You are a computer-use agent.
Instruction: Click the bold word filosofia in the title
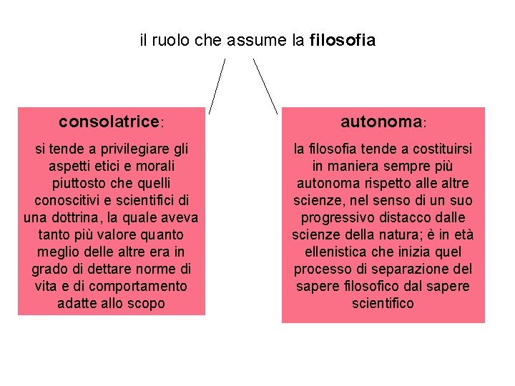pos(343,41)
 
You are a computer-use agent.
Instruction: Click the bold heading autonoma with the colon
pos(383,122)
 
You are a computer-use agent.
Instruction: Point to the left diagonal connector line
pos(217,86)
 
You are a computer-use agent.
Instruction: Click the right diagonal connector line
pos(265,86)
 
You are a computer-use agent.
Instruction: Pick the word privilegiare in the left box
pos(137,149)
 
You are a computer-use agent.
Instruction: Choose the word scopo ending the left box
pos(147,303)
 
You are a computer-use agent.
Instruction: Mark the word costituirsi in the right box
pos(434,149)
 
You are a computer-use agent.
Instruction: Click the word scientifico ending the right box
pos(383,303)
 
